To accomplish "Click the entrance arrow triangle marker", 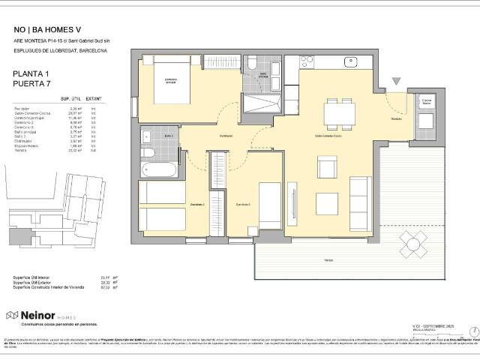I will pyautogui.click(x=396, y=82).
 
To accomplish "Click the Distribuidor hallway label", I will pyautogui.click(x=225, y=136).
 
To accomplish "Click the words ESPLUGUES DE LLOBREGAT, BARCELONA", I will pyautogui.click(x=60, y=50).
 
